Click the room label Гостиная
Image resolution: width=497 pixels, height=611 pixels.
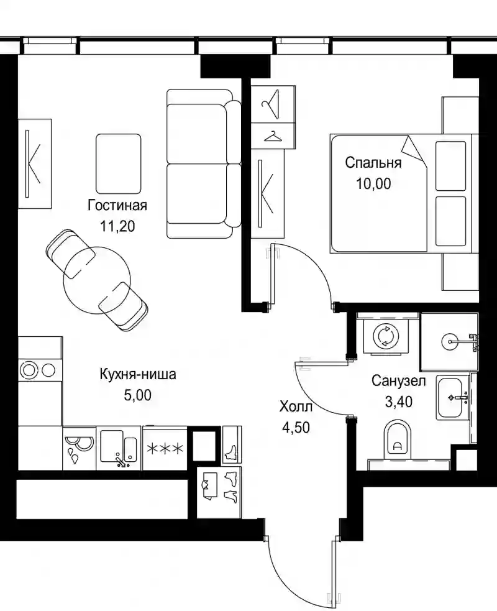coord(117,205)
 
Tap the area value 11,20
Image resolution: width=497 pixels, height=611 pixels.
coord(117,226)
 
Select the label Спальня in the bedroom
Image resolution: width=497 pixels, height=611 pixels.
coord(373,162)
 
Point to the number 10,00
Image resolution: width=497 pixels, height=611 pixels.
coord(373,183)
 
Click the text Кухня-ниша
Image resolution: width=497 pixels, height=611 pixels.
coord(138,374)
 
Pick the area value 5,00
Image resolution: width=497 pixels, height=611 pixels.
coord(137,395)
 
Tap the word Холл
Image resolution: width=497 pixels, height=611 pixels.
coord(296,407)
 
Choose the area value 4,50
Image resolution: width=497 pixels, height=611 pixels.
coord(296,428)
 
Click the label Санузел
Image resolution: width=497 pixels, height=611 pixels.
coord(398,380)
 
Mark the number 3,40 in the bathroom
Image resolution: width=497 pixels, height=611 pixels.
coord(398,401)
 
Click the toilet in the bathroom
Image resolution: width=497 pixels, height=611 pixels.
coord(397,438)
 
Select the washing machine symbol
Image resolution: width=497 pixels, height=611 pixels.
coord(385,336)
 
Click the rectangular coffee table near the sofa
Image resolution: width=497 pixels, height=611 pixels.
coord(119,163)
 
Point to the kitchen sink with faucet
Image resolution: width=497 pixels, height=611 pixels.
coord(119,448)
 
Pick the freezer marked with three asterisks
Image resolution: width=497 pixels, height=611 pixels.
coord(165,448)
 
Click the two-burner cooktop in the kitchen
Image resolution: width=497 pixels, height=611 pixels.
coord(40,370)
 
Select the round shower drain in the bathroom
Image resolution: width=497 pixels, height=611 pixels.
coord(452,342)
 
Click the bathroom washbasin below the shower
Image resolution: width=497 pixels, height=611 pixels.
coord(452,397)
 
